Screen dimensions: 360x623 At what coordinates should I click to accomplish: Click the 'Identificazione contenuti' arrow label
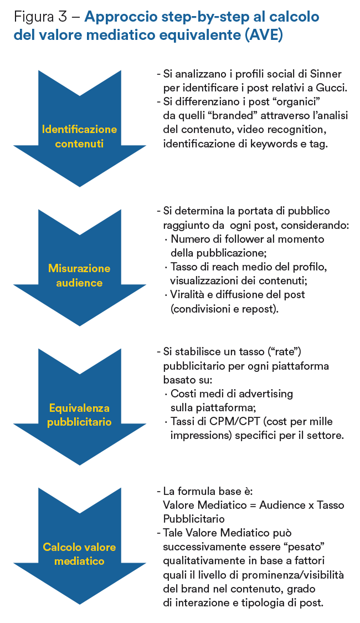click(x=79, y=136)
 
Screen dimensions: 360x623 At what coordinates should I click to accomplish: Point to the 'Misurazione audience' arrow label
click(x=79, y=275)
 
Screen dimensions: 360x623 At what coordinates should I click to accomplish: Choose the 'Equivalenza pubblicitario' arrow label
click(x=79, y=415)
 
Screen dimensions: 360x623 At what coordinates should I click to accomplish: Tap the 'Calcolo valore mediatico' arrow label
click(x=79, y=554)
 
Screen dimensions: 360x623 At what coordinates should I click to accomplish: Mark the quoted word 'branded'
click(x=235, y=115)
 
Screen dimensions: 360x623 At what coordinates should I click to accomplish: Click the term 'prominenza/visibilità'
click(x=293, y=575)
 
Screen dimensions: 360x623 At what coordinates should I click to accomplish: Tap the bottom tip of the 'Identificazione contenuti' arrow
click(x=79, y=187)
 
